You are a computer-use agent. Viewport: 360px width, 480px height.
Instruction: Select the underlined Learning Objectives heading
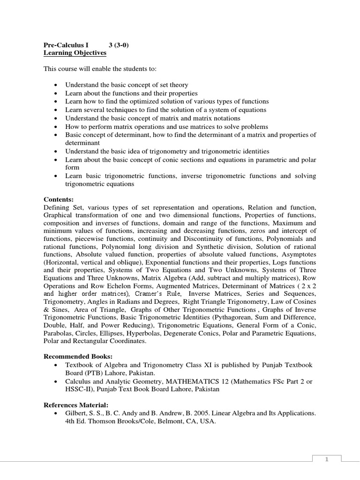point(75,53)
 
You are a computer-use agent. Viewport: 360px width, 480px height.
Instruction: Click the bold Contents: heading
point(59,199)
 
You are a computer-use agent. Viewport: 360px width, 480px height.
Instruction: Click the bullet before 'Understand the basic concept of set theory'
point(56,85)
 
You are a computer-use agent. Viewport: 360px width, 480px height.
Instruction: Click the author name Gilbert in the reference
point(77,413)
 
